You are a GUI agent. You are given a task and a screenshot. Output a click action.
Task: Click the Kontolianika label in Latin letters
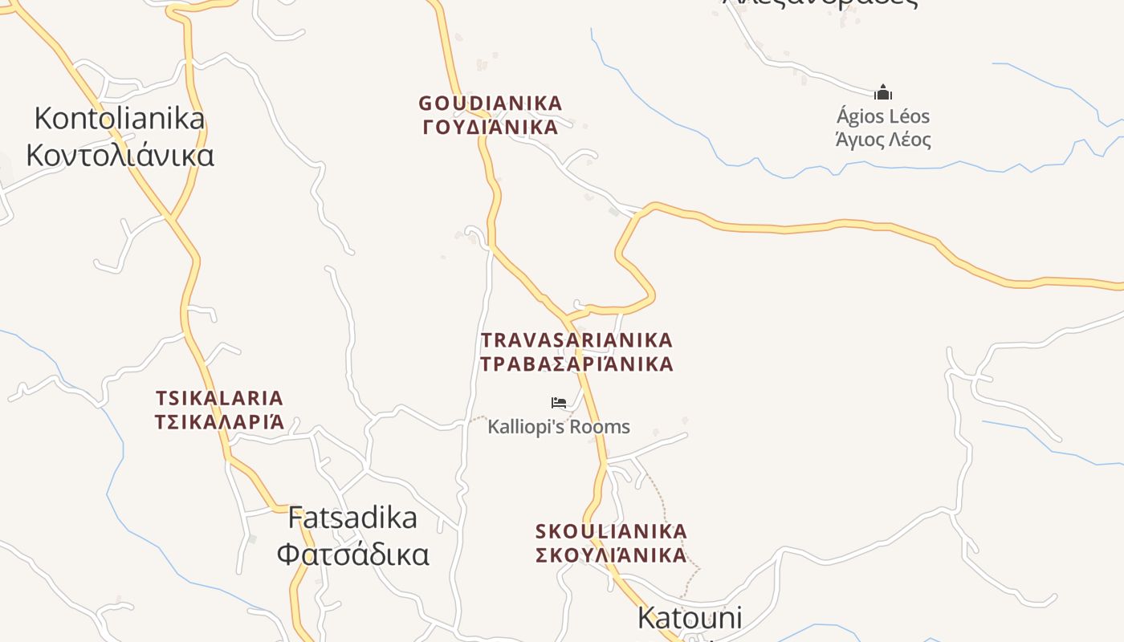pos(120,119)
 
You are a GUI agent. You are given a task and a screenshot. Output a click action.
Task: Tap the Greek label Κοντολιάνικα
pos(120,154)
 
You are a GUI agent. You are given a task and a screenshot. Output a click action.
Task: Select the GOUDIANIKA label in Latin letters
pos(491,104)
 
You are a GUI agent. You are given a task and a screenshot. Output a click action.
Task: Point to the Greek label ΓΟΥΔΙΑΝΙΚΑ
pos(490,127)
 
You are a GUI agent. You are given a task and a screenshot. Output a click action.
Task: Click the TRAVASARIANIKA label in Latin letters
pos(576,340)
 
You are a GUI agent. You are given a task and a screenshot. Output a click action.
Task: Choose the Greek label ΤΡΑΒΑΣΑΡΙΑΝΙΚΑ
pos(576,364)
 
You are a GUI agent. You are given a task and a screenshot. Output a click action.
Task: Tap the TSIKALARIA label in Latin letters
pos(219,398)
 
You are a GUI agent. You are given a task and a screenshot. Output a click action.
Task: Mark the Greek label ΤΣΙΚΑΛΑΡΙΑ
pos(219,421)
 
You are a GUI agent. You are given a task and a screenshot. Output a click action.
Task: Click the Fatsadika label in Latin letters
pos(352,518)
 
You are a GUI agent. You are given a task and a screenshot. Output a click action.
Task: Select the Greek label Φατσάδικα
pos(352,554)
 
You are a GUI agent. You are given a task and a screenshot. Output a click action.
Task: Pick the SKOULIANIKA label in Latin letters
pos(611,531)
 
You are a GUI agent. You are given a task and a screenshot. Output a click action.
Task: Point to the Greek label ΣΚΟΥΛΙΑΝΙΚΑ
pos(611,555)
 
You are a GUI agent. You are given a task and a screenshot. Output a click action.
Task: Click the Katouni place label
pos(689,618)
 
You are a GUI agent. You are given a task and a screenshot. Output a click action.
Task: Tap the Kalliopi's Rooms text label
pos(559,426)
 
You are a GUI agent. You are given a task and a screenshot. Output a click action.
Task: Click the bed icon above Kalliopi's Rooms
pos(559,403)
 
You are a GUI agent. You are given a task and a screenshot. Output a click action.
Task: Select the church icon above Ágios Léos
pos(883,92)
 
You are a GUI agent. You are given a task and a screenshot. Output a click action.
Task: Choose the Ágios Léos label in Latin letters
pos(883,116)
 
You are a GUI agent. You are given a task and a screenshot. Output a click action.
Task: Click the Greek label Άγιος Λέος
pos(883,140)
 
